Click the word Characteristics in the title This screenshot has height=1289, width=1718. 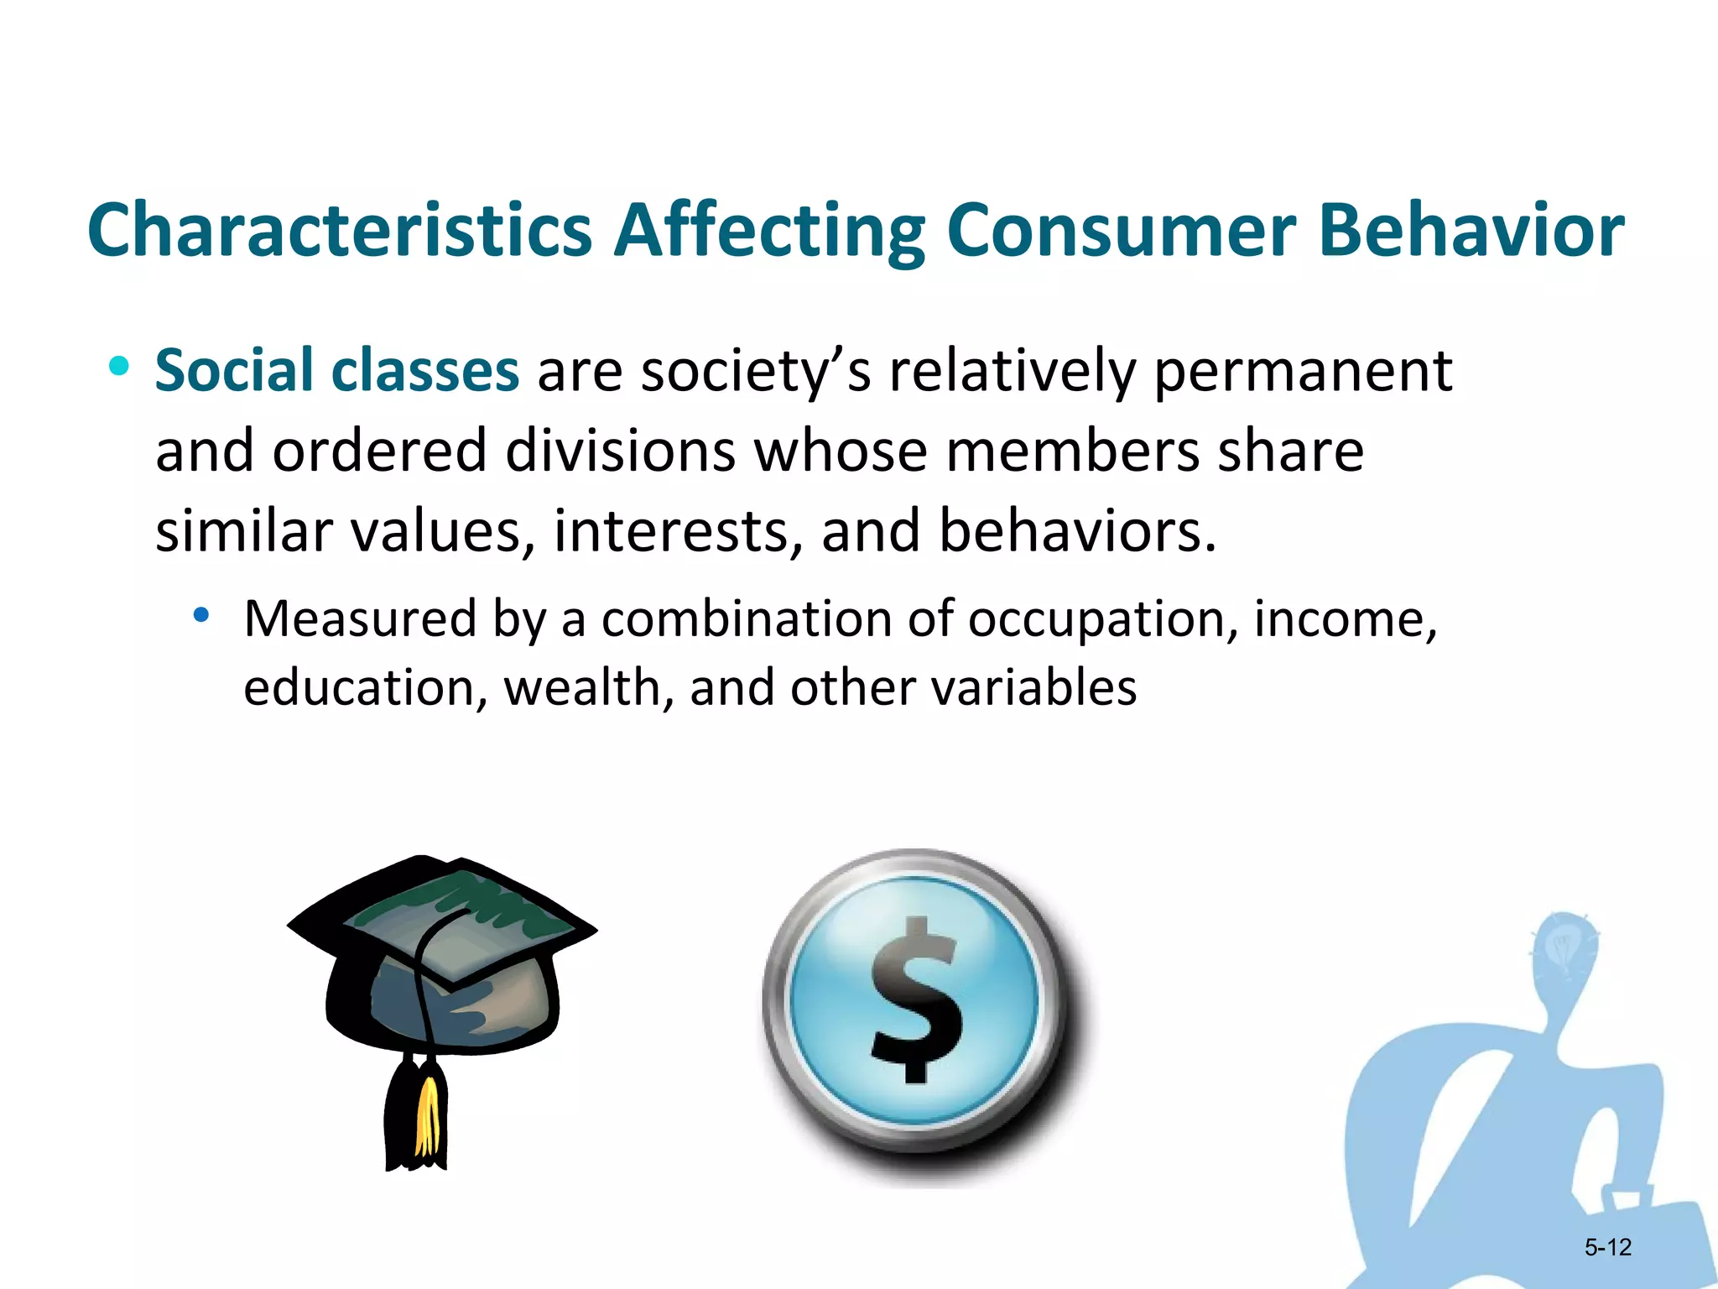click(340, 231)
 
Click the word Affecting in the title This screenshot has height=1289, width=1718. click(769, 231)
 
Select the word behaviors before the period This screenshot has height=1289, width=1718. click(1070, 531)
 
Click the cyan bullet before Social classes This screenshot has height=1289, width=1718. click(119, 366)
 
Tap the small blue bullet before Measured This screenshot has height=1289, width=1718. click(200, 616)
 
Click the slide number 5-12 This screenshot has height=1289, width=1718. click(1607, 1247)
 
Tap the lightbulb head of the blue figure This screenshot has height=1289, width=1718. click(1562, 948)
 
